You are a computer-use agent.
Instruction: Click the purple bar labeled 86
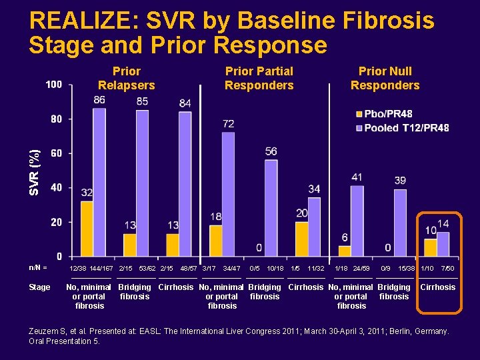click(99, 182)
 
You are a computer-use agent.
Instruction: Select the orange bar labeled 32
click(87, 229)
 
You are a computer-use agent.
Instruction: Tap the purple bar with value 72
click(228, 194)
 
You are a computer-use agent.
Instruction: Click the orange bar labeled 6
click(345, 251)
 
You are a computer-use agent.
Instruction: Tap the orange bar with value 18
click(215, 241)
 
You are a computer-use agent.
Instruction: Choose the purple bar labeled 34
click(314, 227)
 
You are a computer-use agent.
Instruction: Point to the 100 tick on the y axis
click(54, 85)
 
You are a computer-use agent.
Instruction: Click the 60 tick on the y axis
click(57, 153)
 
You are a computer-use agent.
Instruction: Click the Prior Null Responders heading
click(385, 78)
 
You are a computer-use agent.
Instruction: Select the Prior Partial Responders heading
click(259, 78)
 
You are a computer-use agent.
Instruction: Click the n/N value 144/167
click(101, 268)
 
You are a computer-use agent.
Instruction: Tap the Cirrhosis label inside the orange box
click(437, 287)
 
